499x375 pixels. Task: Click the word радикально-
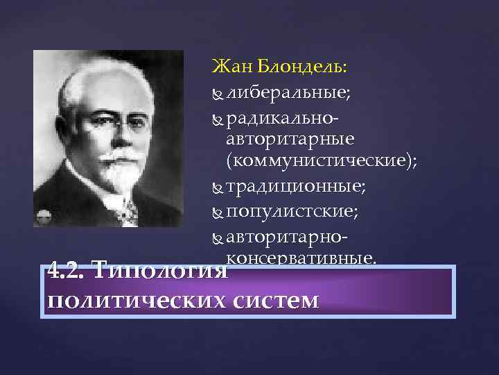click(x=288, y=117)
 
